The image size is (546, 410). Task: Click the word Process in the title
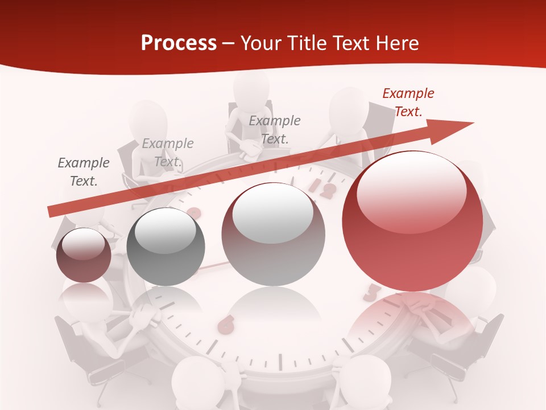tap(179, 43)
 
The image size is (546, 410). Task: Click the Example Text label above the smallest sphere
tap(84, 172)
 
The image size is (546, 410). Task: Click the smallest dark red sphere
tap(84, 255)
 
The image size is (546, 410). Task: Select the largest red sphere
tap(412, 222)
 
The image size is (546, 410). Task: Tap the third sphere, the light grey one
tap(273, 234)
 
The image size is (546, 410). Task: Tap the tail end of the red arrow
tap(52, 212)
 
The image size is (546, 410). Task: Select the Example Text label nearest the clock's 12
tap(275, 129)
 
